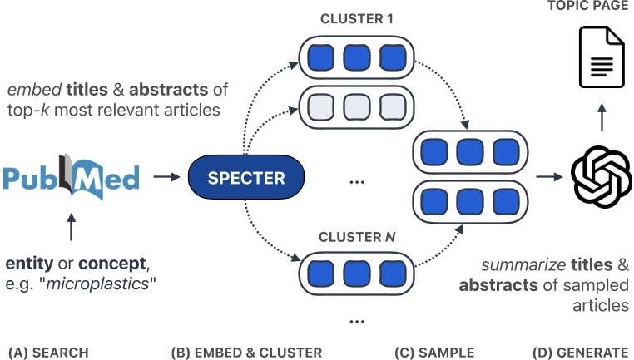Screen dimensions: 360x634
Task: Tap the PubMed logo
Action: (x=70, y=177)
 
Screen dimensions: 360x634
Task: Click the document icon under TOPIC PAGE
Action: (x=601, y=57)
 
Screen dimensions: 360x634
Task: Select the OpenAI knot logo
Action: (x=601, y=177)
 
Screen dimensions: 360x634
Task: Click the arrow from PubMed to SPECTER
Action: (x=167, y=177)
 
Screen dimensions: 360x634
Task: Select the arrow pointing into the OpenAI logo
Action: (x=547, y=177)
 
